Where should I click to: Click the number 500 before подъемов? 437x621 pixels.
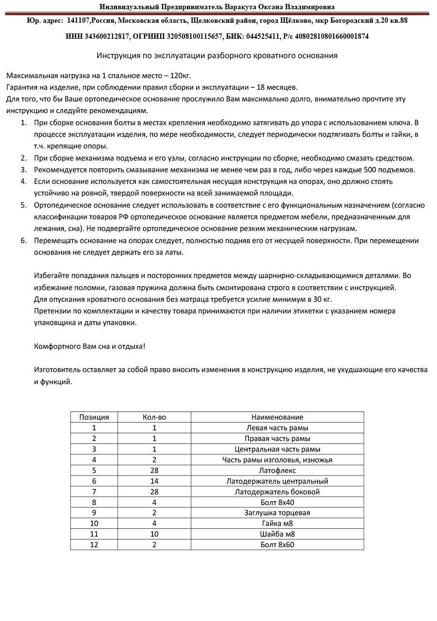[371, 170]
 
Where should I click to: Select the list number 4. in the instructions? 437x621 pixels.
[23, 181]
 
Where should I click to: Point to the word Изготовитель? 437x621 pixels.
[57, 370]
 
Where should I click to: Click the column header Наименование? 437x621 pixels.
[277, 417]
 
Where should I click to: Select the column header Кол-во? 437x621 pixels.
[154, 417]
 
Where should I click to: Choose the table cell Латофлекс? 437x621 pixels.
[277, 471]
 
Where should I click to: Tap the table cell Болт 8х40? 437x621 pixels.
[277, 503]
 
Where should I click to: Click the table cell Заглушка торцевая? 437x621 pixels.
[277, 513]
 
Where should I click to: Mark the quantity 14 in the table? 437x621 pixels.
[154, 481]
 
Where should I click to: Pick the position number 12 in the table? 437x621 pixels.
[94, 545]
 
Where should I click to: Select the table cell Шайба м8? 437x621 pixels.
[277, 534]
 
